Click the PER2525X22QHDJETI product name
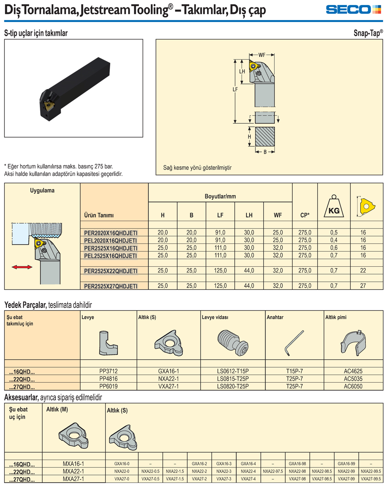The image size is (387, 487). (x=111, y=271)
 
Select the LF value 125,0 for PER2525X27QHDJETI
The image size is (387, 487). (x=220, y=286)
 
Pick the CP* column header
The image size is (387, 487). (x=305, y=215)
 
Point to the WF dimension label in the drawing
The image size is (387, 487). (x=262, y=55)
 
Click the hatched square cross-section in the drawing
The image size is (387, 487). (x=265, y=136)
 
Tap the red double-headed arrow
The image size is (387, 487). (x=22, y=267)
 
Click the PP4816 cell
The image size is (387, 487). (x=108, y=379)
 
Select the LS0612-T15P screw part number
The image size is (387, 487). (x=233, y=371)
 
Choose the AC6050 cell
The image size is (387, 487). (x=353, y=386)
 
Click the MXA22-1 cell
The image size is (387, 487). (x=73, y=472)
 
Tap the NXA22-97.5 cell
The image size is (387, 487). (x=273, y=472)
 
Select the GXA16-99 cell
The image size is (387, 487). (x=346, y=464)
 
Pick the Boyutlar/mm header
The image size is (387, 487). (x=220, y=196)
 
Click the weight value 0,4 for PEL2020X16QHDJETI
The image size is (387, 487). (x=334, y=240)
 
